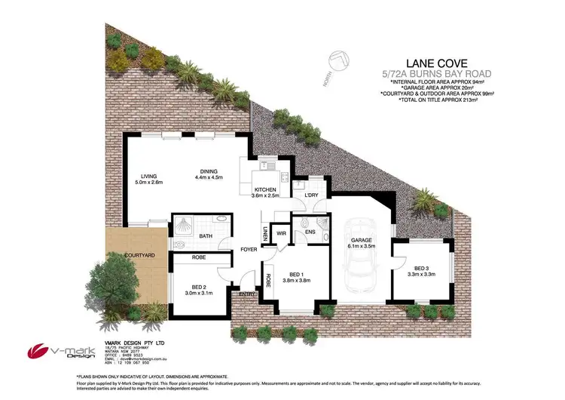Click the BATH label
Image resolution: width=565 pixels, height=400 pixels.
pos(205,235)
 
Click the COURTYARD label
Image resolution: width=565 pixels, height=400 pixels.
pos(140,256)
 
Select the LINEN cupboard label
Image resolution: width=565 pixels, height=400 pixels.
pos(265,235)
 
